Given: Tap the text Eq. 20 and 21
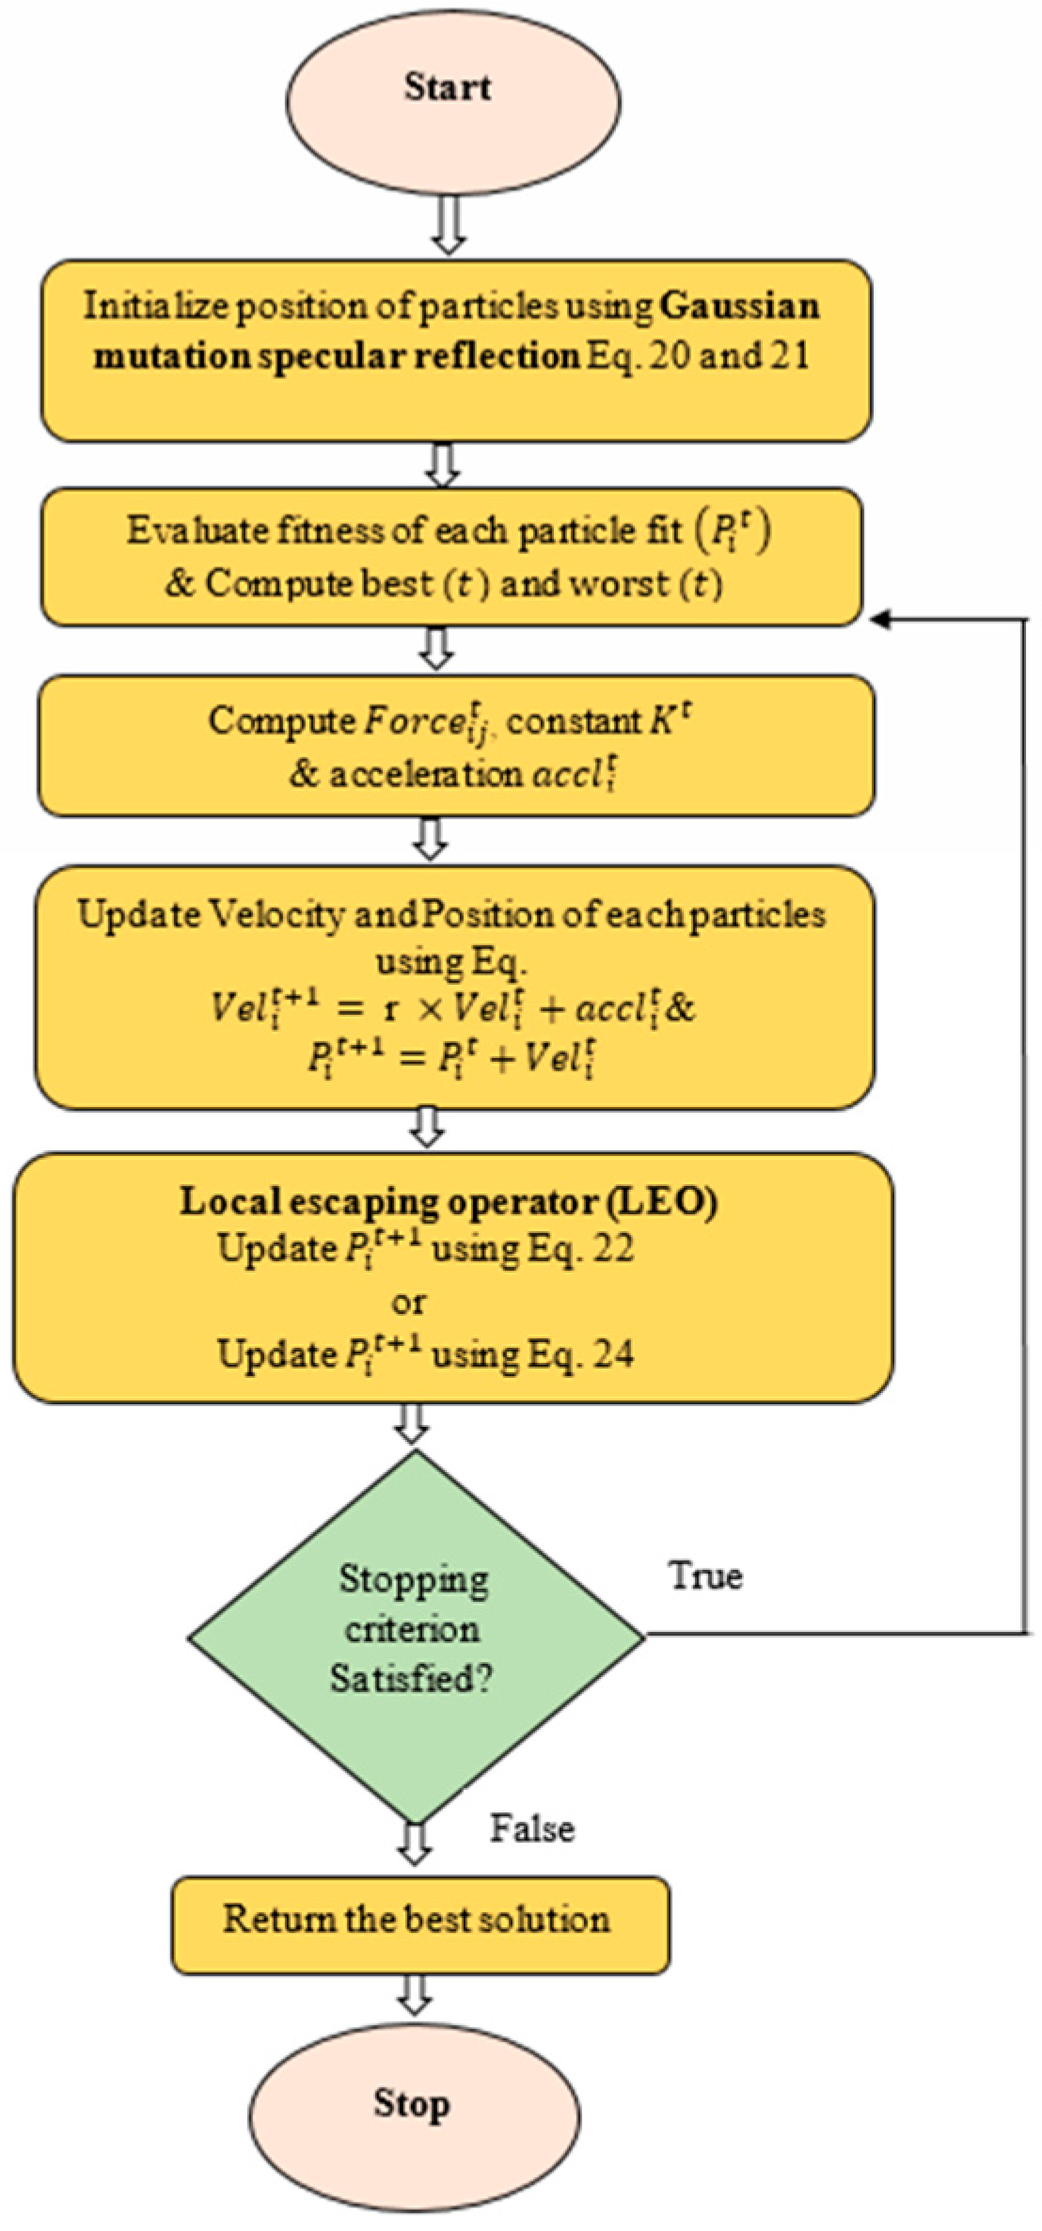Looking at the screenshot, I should (697, 356).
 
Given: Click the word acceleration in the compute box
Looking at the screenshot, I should (425, 774).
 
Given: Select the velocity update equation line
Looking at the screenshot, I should (451, 1009).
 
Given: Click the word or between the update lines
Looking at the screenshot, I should (408, 1303).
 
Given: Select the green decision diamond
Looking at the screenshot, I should (416, 1637).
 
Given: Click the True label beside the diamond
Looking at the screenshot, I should (705, 1575).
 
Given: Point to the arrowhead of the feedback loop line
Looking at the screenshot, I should (880, 619).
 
